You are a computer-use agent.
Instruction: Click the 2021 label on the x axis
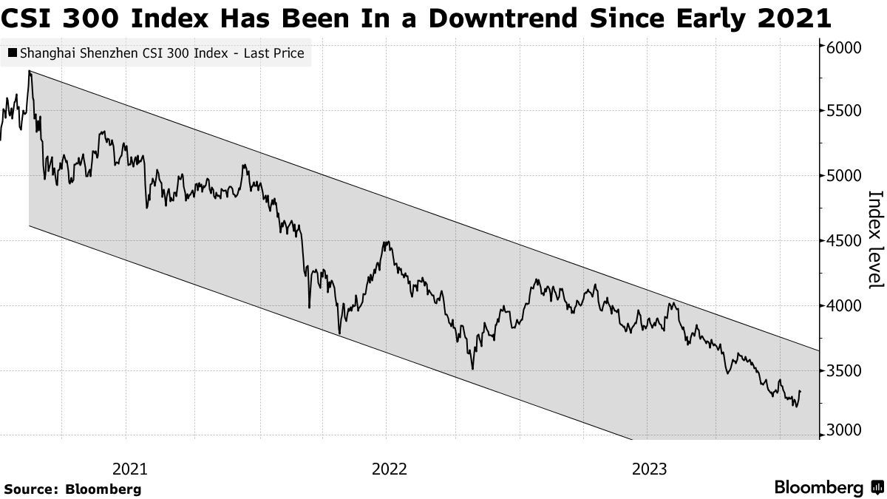129,469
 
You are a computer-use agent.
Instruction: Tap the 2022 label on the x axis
390,469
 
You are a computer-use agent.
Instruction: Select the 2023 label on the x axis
650,469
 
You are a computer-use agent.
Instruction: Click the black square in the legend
13,53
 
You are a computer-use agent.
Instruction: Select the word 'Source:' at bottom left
31,489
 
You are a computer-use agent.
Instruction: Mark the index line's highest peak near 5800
29,71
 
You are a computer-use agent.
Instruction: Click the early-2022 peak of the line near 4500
386,242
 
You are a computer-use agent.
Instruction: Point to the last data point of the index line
801,392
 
